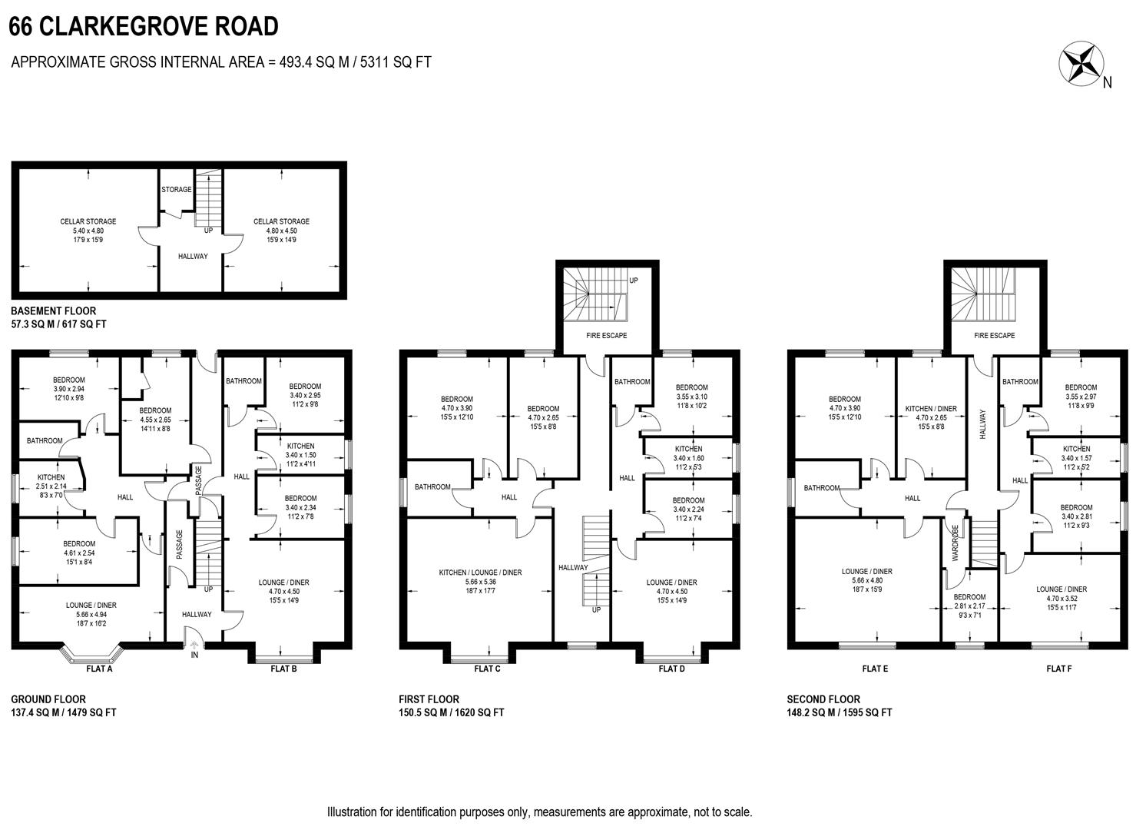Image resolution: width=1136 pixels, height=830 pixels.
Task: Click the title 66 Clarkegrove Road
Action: pos(144,27)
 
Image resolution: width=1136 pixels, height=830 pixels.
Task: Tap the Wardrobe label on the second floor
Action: pos(955,543)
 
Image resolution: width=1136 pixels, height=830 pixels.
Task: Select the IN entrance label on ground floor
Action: pos(194,655)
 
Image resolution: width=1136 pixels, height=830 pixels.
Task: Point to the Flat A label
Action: pos(100,669)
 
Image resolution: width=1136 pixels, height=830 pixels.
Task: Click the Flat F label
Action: pos(1058,669)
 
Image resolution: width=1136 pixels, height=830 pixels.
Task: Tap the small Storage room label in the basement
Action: pos(177,190)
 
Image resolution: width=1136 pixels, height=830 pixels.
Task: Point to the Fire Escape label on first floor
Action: pos(607,336)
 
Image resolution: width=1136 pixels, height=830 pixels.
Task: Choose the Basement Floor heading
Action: pos(54,311)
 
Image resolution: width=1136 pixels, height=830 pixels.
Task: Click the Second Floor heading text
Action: pos(823,699)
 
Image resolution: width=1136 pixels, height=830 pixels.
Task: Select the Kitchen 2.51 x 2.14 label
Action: pos(51,486)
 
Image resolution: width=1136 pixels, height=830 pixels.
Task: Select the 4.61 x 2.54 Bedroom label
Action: pos(80,553)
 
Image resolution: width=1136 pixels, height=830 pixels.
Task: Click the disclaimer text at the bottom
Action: pos(539,812)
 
